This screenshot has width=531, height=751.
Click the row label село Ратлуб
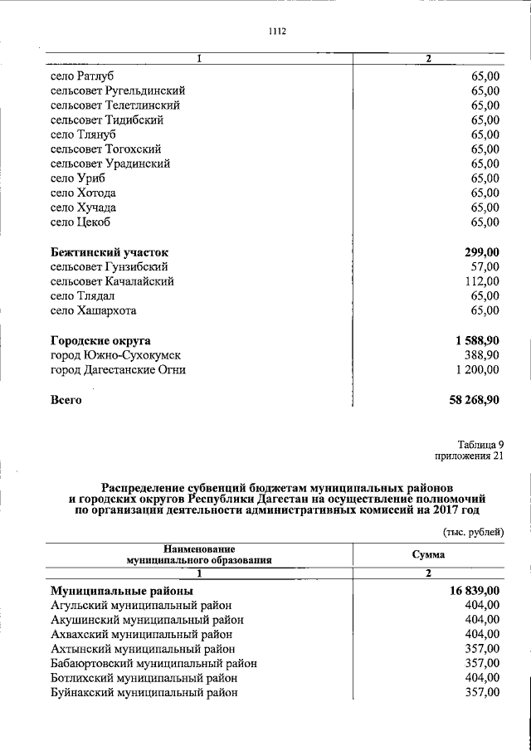coord(82,76)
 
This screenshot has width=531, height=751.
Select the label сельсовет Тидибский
coord(106,120)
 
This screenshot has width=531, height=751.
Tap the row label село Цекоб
coord(80,222)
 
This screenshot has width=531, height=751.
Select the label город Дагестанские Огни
coord(118,370)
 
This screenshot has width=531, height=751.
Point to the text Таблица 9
coord(480,444)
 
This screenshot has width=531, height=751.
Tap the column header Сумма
coord(428,553)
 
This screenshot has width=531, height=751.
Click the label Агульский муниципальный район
coord(141,605)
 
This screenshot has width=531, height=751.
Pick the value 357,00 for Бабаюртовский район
coord(482,663)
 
